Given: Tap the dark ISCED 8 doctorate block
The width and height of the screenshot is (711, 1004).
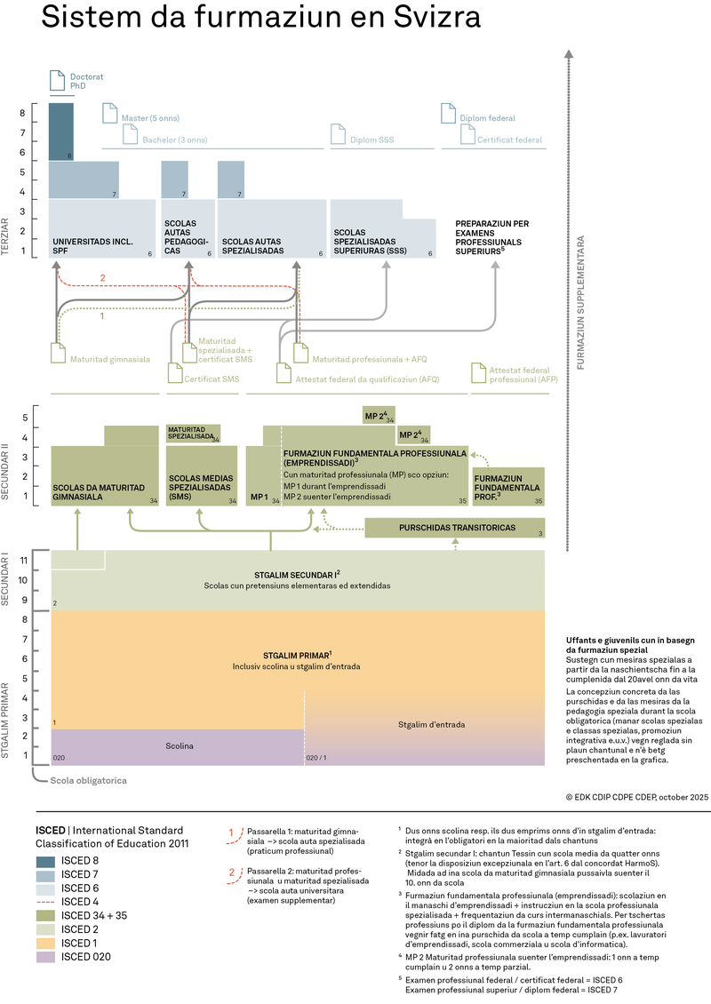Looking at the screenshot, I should tap(60, 131).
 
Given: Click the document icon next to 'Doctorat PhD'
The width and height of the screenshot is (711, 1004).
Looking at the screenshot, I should tap(59, 81).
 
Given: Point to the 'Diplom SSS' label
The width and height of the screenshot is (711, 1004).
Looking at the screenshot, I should tap(371, 139).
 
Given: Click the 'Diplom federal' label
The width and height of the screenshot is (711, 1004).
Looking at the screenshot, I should tap(487, 118).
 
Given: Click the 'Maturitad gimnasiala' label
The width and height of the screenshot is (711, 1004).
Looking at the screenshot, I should tap(111, 360).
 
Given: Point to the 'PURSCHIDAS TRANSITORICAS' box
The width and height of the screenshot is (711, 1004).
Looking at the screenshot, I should tap(457, 527).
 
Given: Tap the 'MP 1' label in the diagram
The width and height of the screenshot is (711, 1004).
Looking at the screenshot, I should tap(260, 498).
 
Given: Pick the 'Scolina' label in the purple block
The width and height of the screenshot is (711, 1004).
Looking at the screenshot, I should tap(179, 746).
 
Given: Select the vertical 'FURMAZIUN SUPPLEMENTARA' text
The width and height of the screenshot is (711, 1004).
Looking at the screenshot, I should tap(582, 302).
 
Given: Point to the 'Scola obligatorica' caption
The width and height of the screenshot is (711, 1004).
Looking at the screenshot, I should tap(87, 780).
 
